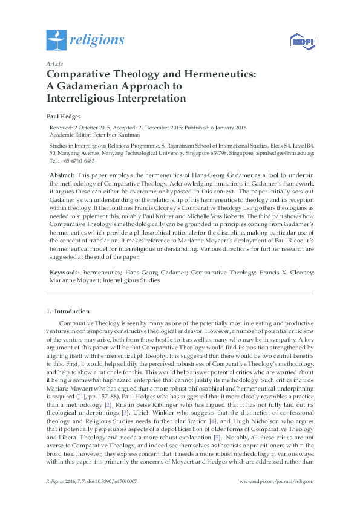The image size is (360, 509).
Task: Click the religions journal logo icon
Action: [x=56, y=40]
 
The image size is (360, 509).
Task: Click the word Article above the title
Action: [x=54, y=63]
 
